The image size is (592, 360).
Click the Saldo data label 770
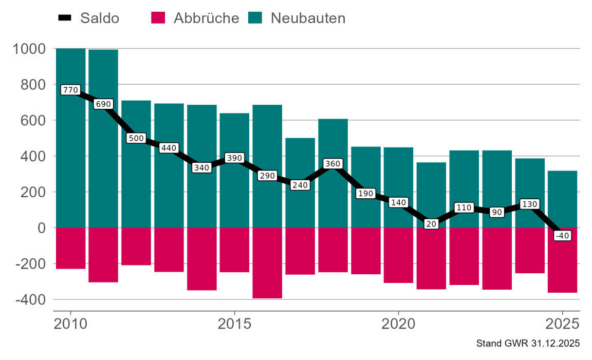click(x=70, y=90)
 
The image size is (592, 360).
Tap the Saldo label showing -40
click(x=562, y=236)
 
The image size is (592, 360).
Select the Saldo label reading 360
click(x=332, y=164)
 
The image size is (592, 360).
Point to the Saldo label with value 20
click(x=431, y=224)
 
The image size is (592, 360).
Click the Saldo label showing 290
click(x=267, y=176)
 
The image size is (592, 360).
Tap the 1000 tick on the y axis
click(x=30, y=49)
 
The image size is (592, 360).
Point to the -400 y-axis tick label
click(x=30, y=299)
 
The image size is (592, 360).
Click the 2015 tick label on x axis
click(x=234, y=325)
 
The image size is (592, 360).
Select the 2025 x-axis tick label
click(x=562, y=325)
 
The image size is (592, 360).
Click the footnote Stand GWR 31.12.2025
click(x=528, y=343)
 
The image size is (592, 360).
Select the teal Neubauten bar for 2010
click(x=70, y=154)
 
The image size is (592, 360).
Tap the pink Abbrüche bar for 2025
click(x=562, y=260)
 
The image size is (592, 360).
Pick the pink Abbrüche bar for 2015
click(x=234, y=250)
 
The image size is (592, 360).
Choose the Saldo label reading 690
click(x=103, y=104)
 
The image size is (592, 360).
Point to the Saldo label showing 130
click(x=529, y=204)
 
